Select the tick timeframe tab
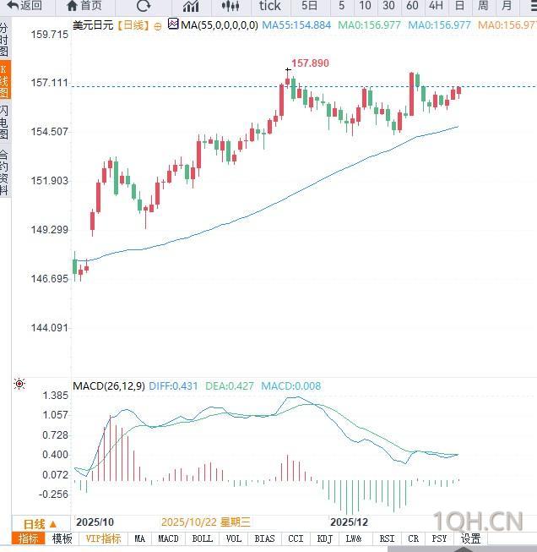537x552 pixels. pos(269,6)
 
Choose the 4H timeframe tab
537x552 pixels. pos(436,6)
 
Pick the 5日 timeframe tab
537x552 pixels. pos(309,6)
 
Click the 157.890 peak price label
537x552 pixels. pos(310,63)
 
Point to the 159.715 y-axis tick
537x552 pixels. pos(50,35)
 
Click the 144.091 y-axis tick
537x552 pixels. pos(50,328)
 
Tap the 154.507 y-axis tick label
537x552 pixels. pos(50,132)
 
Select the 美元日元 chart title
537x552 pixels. pos(94,25)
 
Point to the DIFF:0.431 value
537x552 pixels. pos(173,386)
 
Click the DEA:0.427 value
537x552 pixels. pos(228,386)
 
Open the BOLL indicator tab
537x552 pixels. pos(203,538)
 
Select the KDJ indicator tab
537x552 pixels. pos(324,538)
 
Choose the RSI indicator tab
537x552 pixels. pos(387,538)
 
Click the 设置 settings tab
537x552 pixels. pos(470,538)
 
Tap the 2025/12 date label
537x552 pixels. pos(349,522)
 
